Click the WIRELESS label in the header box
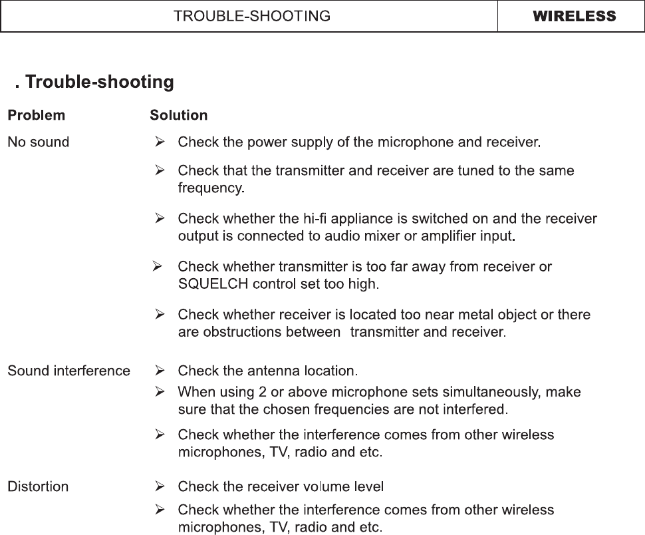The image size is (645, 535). pos(574,17)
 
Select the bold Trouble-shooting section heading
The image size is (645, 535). pos(99,83)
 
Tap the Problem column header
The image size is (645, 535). pos(36,115)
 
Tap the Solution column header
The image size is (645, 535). pos(178,115)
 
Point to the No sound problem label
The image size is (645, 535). pos(38,142)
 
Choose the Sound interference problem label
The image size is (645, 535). pos(68,371)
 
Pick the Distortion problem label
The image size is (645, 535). pos(38,486)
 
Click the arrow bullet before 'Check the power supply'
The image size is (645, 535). pos(160,142)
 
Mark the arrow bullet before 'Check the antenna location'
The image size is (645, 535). pos(160,371)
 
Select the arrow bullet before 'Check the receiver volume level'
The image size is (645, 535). pos(160,486)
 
